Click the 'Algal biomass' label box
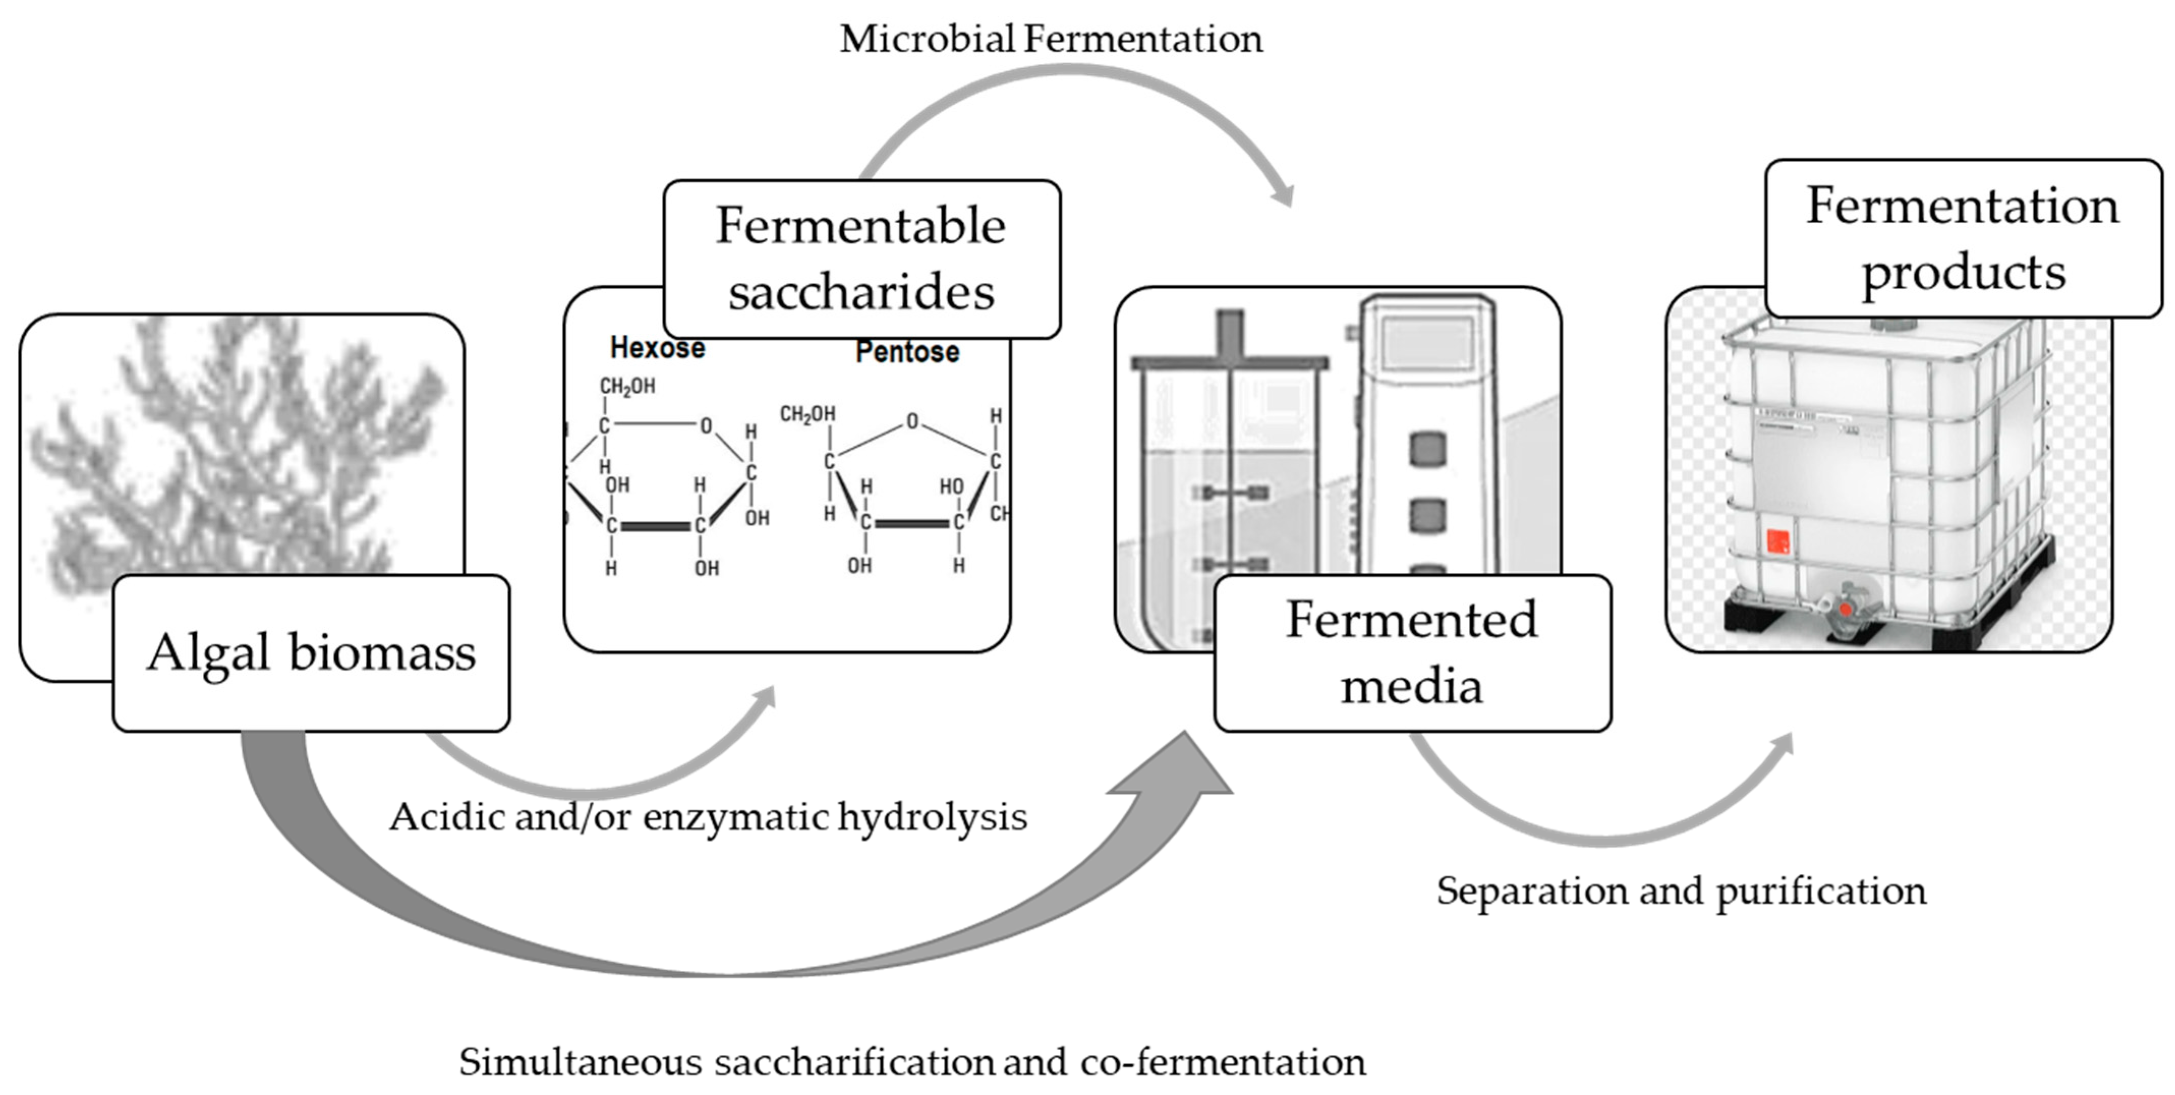(x=311, y=653)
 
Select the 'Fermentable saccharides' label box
(x=861, y=258)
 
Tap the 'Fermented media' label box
(x=1412, y=653)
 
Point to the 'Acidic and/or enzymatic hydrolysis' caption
(x=708, y=816)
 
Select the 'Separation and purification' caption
(x=1681, y=890)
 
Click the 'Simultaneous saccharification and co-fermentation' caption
(x=912, y=1061)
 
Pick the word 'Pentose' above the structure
(x=907, y=351)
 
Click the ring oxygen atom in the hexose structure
(x=706, y=425)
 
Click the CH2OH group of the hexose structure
(x=626, y=386)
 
